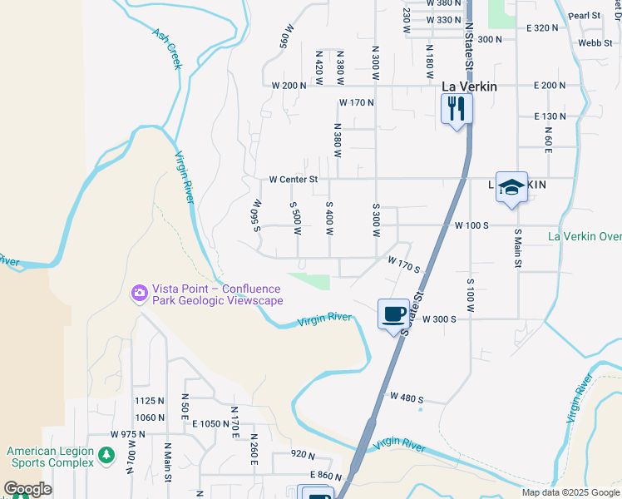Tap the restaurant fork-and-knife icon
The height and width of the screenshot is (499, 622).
coord(457,107)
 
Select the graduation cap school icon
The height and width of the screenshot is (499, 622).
coord(512,187)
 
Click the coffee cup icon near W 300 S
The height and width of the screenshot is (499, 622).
coord(394,314)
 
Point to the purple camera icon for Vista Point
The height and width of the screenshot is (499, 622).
coord(139,292)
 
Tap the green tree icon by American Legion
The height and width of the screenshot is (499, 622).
coord(106,455)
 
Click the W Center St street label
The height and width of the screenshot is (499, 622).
coord(294,179)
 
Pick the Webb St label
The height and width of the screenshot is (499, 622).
coord(595,42)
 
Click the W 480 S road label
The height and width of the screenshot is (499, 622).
coord(407,398)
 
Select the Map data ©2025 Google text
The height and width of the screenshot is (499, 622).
coord(570,492)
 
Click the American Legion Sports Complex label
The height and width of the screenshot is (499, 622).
coord(50,457)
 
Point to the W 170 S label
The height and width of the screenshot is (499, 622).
coord(404,264)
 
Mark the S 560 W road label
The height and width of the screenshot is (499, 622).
coord(257,215)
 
